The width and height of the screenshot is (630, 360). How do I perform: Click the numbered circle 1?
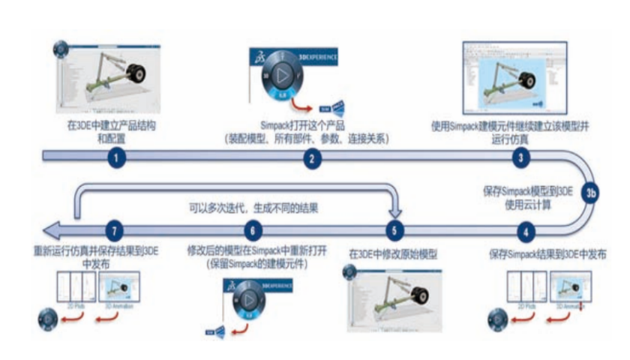tap(115, 157)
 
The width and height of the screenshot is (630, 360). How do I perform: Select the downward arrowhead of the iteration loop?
tap(394, 214)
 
